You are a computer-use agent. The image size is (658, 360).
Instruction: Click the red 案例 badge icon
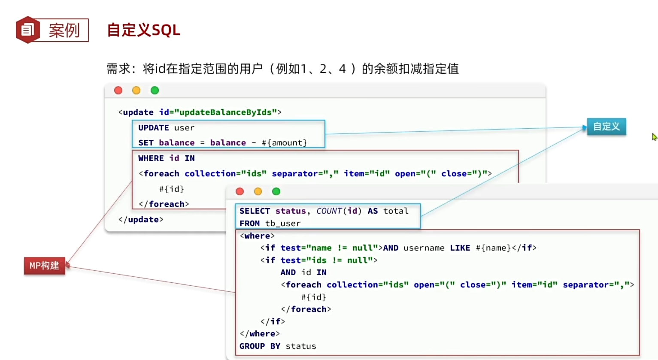28,30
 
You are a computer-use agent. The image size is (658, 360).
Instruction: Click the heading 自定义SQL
143,30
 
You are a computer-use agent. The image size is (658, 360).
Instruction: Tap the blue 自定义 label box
606,127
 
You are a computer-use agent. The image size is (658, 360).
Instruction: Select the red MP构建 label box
44,266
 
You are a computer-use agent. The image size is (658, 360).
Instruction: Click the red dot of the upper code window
118,90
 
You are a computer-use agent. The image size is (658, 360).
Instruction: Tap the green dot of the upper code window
155,90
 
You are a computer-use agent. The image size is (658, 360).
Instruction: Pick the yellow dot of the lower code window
258,191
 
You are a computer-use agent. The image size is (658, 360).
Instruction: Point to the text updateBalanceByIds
225,112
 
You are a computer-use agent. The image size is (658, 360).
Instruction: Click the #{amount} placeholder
284,143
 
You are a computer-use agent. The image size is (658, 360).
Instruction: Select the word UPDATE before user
153,128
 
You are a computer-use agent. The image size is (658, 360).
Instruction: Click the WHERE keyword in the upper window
151,158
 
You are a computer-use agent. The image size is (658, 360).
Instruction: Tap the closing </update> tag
141,220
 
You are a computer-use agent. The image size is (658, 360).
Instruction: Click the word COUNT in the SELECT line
329,211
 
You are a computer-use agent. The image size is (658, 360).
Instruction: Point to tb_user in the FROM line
282,224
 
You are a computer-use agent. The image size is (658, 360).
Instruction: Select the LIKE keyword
460,248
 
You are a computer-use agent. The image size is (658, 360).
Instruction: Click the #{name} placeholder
493,248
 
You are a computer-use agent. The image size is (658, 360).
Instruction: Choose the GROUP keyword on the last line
252,346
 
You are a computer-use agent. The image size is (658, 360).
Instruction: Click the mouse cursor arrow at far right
654,137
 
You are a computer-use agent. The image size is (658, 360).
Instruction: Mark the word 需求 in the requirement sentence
118,69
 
